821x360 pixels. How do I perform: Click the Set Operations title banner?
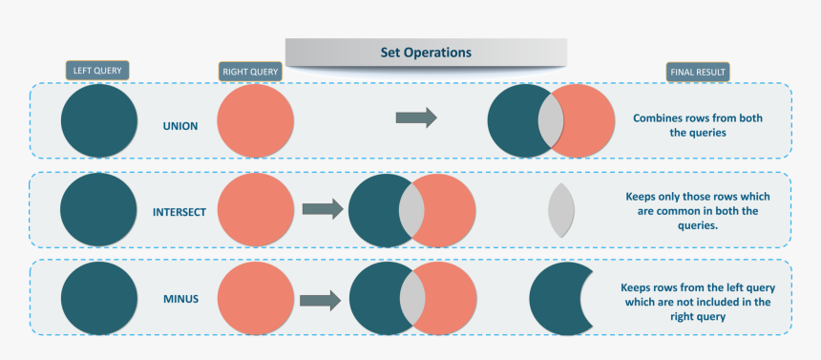click(x=426, y=52)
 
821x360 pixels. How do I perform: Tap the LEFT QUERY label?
click(x=96, y=70)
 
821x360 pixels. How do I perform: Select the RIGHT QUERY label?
click(x=250, y=71)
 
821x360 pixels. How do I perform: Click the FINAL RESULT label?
click(x=697, y=72)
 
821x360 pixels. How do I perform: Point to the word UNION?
click(x=180, y=125)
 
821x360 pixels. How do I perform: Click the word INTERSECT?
click(x=179, y=211)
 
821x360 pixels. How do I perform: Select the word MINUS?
click(x=180, y=299)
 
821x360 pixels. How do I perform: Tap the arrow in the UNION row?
click(x=416, y=117)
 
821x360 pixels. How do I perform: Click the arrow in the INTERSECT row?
click(x=323, y=209)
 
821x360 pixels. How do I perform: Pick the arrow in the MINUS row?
click(x=321, y=301)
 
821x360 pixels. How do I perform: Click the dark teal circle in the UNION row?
click(x=99, y=120)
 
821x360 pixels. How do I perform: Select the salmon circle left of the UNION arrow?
click(x=255, y=120)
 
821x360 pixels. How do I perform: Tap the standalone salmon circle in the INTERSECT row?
click(x=256, y=210)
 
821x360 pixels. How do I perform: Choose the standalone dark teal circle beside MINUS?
click(x=98, y=299)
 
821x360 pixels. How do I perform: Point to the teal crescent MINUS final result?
click(x=554, y=299)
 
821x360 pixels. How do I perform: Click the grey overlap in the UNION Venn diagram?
click(x=551, y=121)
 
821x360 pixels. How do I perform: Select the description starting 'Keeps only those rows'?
click(x=697, y=211)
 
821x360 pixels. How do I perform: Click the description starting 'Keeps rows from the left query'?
click(x=697, y=302)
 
